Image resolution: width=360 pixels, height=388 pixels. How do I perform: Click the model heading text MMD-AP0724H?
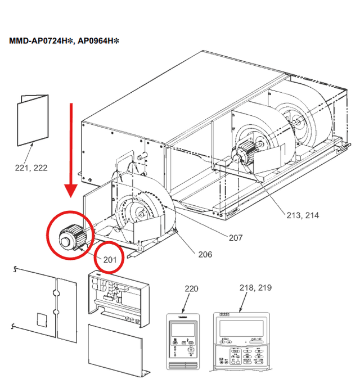point(39,41)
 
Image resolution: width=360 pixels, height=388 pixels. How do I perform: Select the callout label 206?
point(205,254)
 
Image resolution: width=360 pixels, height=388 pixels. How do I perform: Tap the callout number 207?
point(235,238)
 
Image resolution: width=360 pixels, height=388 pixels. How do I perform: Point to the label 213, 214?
point(301,215)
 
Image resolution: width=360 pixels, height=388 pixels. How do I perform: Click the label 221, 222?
point(30,168)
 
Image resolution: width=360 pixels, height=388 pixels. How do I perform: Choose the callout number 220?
point(191,288)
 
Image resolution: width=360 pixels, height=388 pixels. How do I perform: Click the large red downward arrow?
point(71,149)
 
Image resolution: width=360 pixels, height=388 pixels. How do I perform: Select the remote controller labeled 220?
point(184,340)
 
